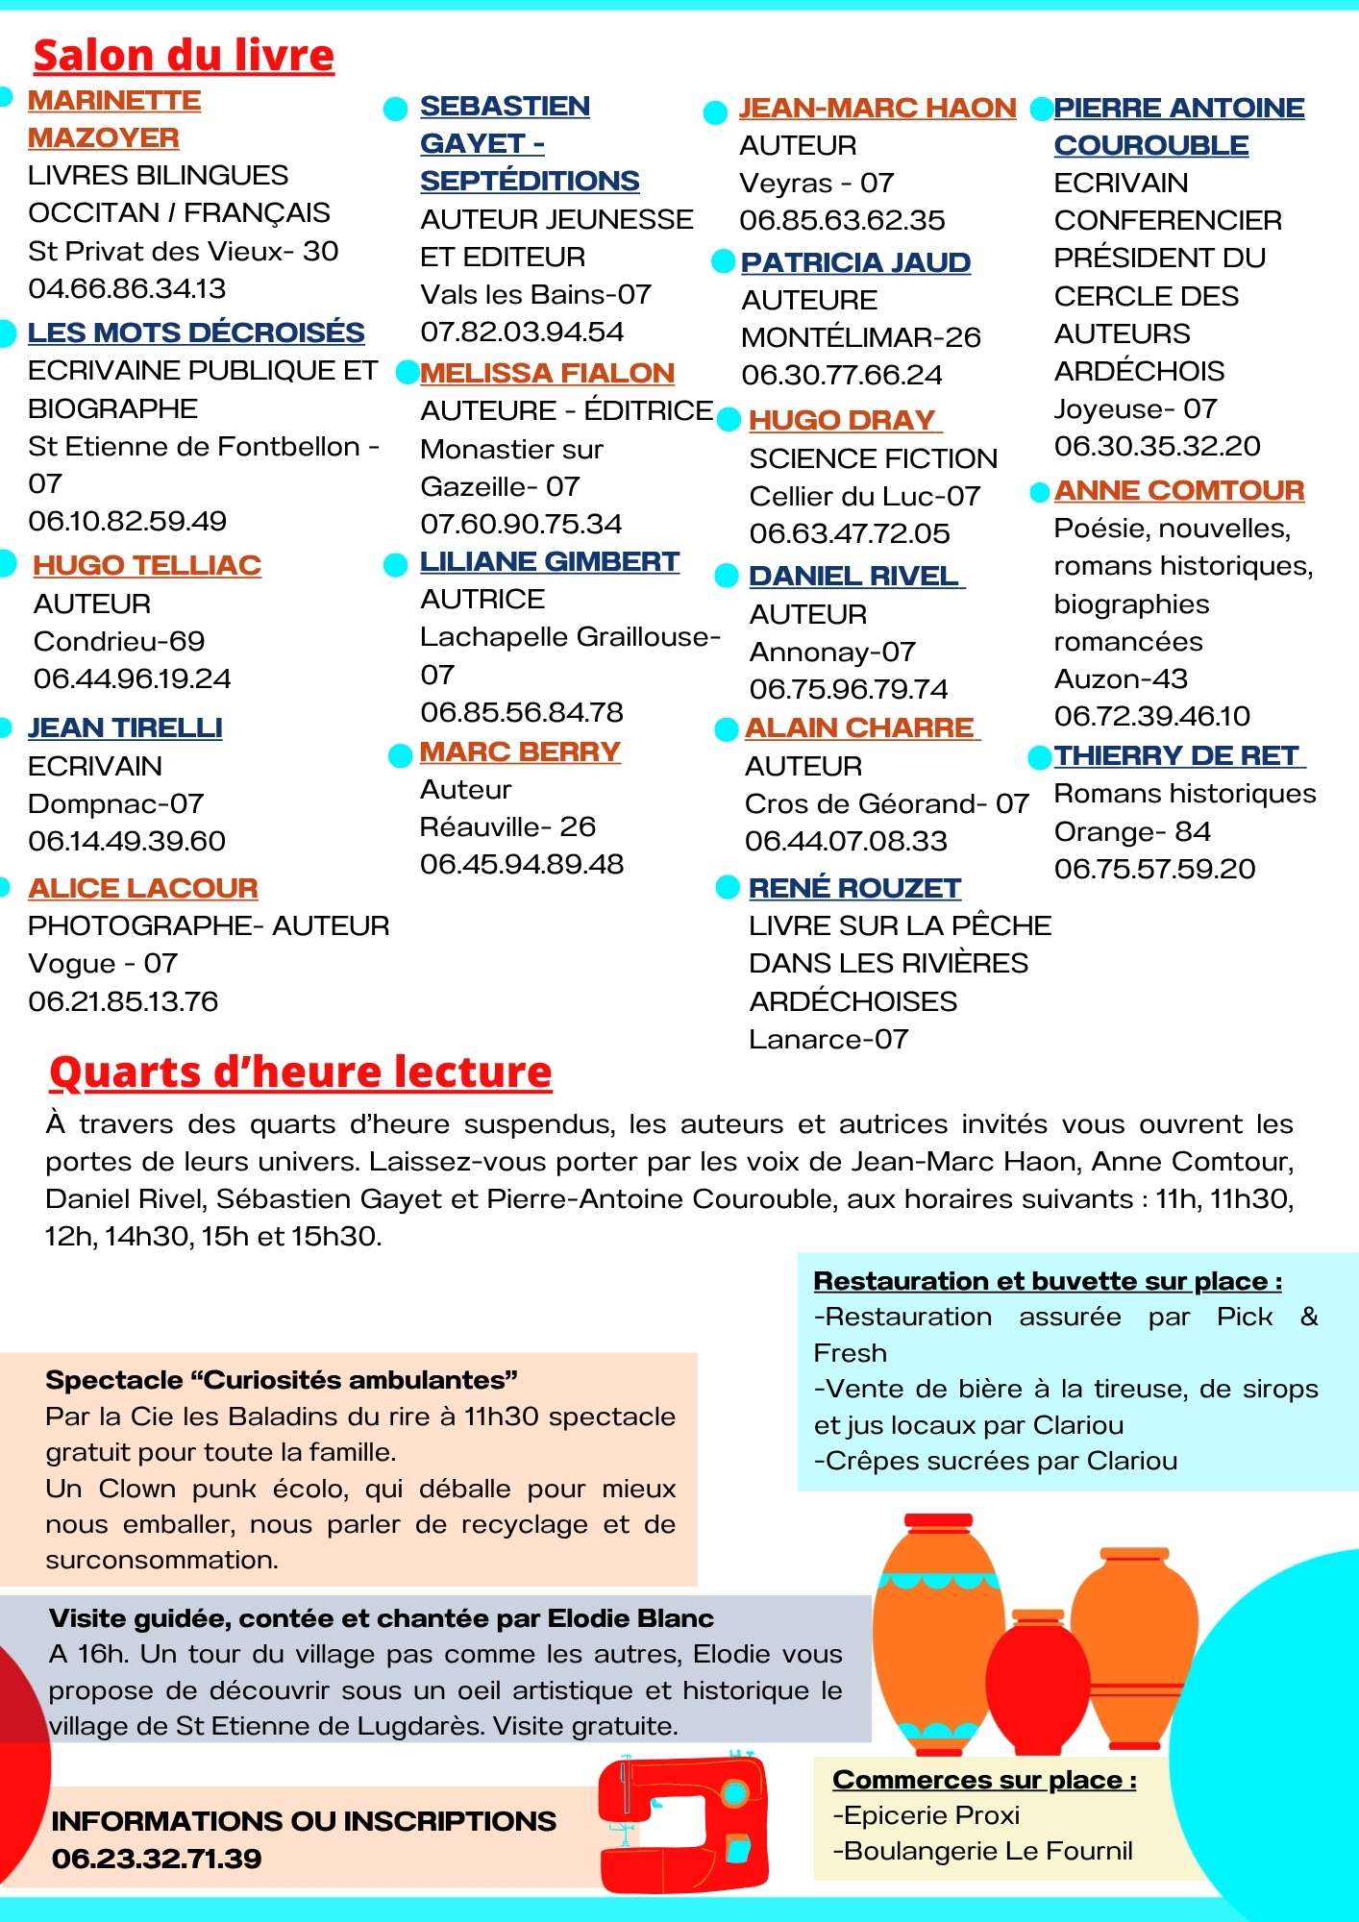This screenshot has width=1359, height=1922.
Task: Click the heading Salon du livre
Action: pyautogui.click(x=184, y=56)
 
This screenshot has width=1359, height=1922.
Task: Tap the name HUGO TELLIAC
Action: pyautogui.click(x=147, y=565)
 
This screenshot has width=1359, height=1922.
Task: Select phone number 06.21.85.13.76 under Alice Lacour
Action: pyautogui.click(x=123, y=1001)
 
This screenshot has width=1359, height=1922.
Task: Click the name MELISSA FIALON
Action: pyautogui.click(x=547, y=373)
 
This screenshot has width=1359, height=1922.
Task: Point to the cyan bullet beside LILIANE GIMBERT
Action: pyautogui.click(x=395, y=565)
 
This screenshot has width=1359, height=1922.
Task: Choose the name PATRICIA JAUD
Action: pyautogui.click(x=855, y=262)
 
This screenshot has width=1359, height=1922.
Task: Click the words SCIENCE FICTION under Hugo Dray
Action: pyautogui.click(x=873, y=458)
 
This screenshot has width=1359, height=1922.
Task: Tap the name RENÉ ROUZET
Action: pyautogui.click(x=854, y=888)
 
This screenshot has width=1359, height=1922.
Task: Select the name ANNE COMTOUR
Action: pyautogui.click(x=1178, y=490)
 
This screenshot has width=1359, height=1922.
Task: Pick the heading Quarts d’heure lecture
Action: pyautogui.click(x=301, y=1072)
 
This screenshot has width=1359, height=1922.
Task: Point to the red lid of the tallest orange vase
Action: pyautogui.click(x=938, y=1521)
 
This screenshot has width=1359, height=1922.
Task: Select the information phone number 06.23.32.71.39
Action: pyautogui.click(x=157, y=1859)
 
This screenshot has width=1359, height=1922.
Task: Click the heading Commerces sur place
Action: pyautogui.click(x=984, y=1780)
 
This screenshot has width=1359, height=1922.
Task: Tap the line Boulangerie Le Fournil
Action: pyautogui.click(x=982, y=1851)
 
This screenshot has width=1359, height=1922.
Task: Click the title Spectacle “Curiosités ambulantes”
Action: pyautogui.click(x=282, y=1380)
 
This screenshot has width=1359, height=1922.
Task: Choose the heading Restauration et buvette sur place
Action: pyautogui.click(x=1047, y=1281)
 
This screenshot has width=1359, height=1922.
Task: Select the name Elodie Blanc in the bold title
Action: pyautogui.click(x=630, y=1618)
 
